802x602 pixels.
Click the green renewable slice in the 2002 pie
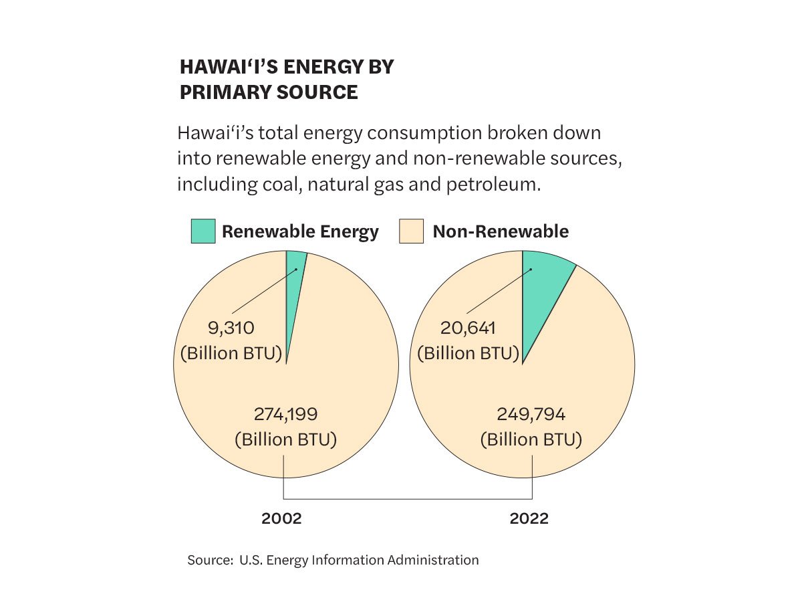[x=294, y=281]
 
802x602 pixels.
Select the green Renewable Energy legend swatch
[x=203, y=231]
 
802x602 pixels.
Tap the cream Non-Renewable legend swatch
[x=411, y=231]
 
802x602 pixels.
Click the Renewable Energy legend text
[x=300, y=231]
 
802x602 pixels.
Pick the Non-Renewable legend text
[x=501, y=231]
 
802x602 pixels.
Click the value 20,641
[x=467, y=328]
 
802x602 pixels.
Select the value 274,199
[x=285, y=415]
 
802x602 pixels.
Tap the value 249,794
[x=531, y=415]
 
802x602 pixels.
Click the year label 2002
[x=281, y=518]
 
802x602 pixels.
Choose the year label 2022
[x=529, y=518]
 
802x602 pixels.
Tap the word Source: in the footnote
[x=210, y=560]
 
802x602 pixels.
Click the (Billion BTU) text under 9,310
[x=231, y=353]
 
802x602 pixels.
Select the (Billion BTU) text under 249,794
[x=531, y=440]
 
